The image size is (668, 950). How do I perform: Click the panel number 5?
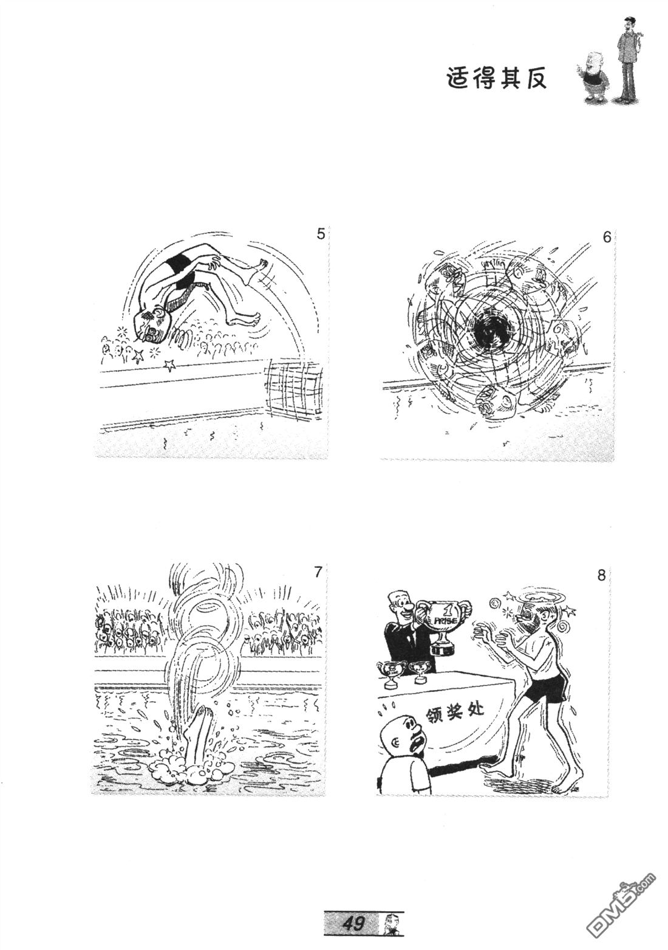coord(321,234)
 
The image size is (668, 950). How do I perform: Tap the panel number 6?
coord(607,237)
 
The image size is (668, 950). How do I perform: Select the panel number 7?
coord(318,572)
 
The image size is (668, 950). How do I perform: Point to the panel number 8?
coord(601,576)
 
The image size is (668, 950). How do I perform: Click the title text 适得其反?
coord(497,79)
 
